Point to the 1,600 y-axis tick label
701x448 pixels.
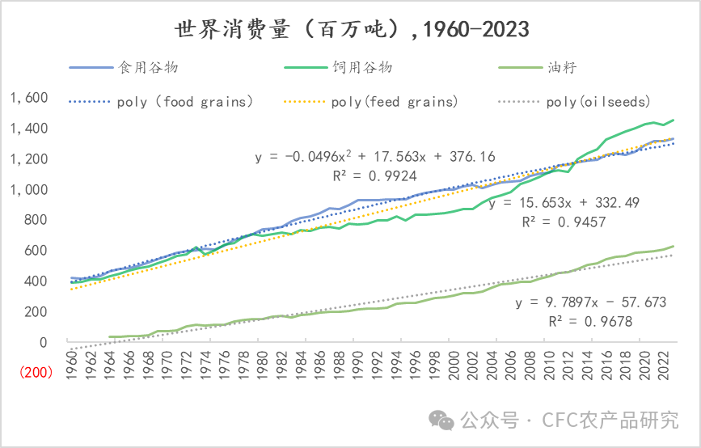point(30,98)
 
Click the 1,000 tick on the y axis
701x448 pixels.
point(30,189)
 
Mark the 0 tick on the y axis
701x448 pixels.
point(44,342)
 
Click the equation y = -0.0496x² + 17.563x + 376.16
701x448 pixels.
point(375,157)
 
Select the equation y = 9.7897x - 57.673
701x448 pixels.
point(591,302)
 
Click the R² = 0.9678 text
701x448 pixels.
point(589,321)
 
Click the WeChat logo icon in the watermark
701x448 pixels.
point(441,419)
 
